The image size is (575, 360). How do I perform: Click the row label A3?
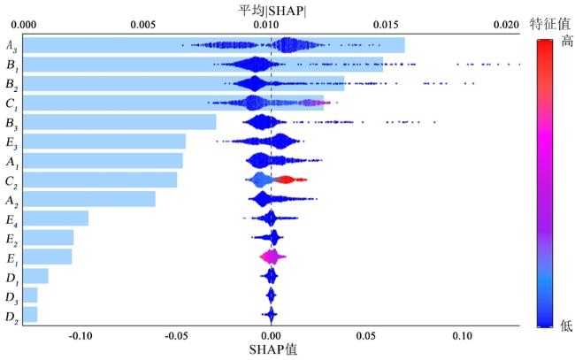click(x=11, y=45)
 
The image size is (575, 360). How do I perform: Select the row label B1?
click(x=11, y=65)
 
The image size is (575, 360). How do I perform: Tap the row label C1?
click(x=11, y=103)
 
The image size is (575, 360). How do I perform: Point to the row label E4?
click(x=11, y=218)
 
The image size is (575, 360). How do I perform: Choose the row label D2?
click(x=11, y=315)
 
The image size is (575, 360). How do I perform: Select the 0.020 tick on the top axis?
click(x=504, y=26)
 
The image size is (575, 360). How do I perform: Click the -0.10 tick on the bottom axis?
click(x=80, y=336)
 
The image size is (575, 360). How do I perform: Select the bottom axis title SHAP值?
click(x=271, y=349)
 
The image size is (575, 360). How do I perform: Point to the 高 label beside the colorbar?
click(x=566, y=41)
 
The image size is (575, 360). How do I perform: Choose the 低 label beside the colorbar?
click(x=566, y=326)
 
